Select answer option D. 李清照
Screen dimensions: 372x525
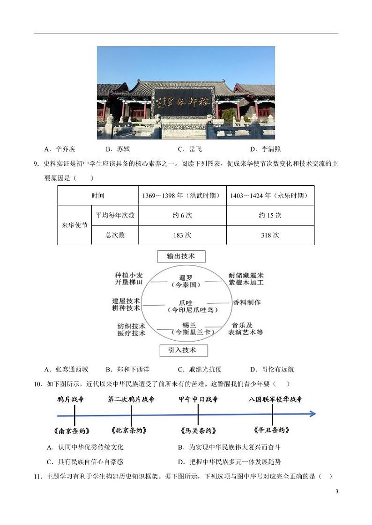coord(265,149)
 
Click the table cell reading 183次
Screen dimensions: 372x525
coord(182,235)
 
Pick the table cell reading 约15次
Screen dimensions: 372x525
coord(270,215)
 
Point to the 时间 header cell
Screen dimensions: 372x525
coord(98,196)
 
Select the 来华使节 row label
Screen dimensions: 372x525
coord(74,225)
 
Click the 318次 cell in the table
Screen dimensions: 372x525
coord(270,235)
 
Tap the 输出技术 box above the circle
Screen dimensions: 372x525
coord(181,256)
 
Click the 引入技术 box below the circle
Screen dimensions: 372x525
coord(181,350)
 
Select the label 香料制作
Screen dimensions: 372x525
coord(247,302)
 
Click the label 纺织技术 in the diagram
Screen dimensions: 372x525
coord(131,326)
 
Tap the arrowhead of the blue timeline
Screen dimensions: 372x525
coord(312,414)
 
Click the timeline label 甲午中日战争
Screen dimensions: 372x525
coord(199,400)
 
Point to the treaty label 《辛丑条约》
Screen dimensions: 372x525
coord(272,430)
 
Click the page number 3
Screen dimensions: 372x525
coord(336,491)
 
